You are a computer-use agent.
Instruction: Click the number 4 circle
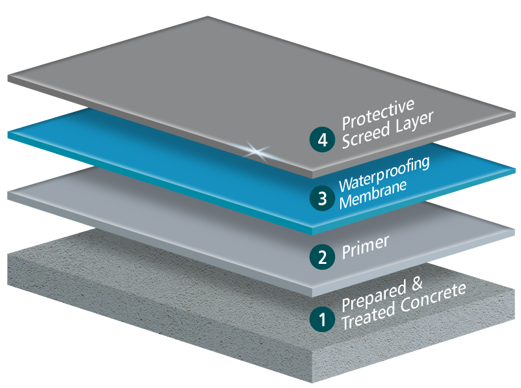point(321,140)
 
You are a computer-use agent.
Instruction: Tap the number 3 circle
point(321,198)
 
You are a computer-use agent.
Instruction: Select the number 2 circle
point(321,257)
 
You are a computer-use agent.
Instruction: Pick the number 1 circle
point(321,318)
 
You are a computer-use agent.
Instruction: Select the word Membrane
point(372,192)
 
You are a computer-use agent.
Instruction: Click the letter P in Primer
point(346,253)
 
